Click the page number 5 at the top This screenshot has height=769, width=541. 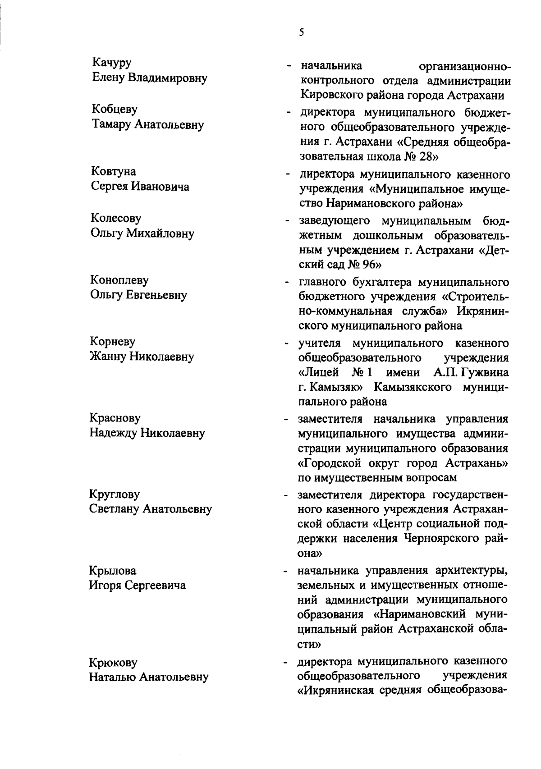click(x=302, y=32)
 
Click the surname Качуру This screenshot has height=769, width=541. click(x=112, y=62)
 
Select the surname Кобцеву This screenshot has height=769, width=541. click(x=115, y=109)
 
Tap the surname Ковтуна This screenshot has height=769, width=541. click(x=114, y=171)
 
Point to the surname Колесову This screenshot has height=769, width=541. click(x=116, y=218)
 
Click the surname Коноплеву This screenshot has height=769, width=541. click(x=119, y=280)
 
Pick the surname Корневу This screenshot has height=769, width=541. click(x=113, y=342)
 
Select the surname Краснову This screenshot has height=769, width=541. click(x=115, y=418)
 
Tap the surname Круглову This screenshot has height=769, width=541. click(x=115, y=494)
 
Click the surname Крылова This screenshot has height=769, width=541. click(x=113, y=571)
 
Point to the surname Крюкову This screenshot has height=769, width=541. click(x=113, y=663)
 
